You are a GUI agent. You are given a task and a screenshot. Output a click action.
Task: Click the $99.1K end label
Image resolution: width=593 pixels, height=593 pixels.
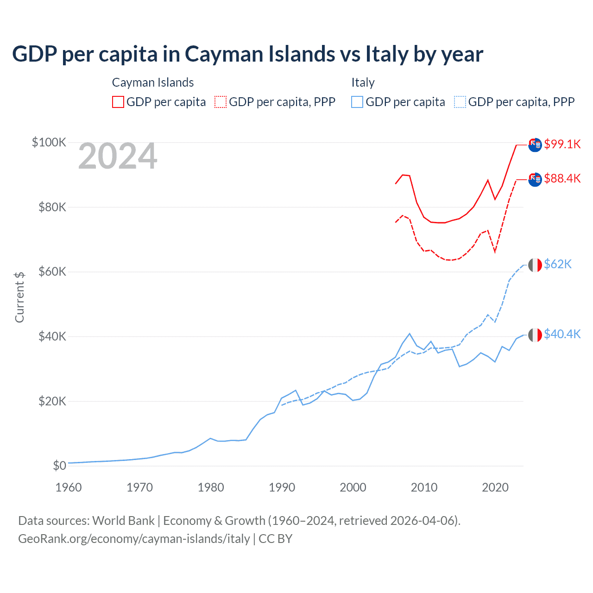(x=562, y=144)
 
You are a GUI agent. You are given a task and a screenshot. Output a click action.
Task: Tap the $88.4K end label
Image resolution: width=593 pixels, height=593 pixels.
(x=562, y=178)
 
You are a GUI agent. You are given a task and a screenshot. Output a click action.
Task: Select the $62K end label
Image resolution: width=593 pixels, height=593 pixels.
(x=557, y=264)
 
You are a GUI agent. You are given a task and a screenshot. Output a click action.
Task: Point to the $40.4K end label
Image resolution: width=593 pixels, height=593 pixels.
(x=562, y=334)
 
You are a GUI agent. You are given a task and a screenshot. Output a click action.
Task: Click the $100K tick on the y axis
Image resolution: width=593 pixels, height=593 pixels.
(x=49, y=142)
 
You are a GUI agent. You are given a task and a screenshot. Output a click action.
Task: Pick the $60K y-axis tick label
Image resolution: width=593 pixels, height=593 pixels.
(x=52, y=271)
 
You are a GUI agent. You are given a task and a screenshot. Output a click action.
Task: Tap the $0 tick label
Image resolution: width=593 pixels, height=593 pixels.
(x=59, y=466)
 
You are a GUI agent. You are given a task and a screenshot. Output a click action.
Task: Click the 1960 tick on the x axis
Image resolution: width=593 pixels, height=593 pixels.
(x=69, y=487)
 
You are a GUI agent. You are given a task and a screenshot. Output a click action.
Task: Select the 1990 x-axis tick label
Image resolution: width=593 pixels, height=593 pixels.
(x=282, y=487)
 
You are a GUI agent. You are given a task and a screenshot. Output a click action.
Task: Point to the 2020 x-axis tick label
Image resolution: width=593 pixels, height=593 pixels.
(x=495, y=487)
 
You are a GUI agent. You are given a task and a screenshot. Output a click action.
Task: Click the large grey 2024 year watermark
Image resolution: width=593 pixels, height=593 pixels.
(x=118, y=157)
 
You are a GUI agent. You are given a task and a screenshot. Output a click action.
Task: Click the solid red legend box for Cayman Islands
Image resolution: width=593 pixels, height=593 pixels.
(x=118, y=102)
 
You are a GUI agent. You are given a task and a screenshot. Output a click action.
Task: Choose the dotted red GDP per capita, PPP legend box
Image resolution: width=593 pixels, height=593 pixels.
(x=221, y=102)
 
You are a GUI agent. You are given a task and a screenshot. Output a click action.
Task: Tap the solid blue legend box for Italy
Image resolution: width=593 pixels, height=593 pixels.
(x=357, y=102)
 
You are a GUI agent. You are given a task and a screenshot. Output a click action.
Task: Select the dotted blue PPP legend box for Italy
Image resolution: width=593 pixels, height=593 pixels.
(x=460, y=102)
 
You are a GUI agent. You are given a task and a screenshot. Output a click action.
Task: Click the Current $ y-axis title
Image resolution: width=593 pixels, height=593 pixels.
(x=19, y=297)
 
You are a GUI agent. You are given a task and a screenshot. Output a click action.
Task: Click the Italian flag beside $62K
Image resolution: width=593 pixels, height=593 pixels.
(x=535, y=265)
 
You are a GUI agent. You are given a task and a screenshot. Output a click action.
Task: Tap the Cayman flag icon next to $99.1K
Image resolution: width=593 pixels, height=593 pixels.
(x=535, y=145)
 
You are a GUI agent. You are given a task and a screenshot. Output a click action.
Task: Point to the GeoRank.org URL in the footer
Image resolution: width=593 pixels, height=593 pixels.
(x=134, y=539)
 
